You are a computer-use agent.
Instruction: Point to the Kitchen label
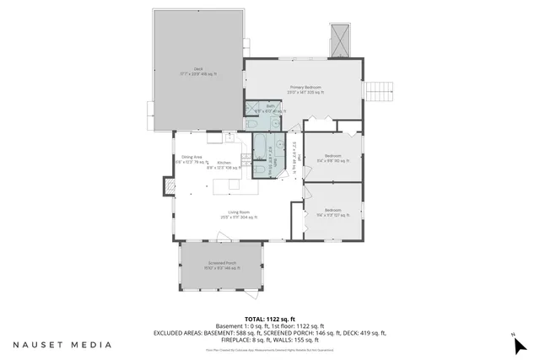pos(224,164)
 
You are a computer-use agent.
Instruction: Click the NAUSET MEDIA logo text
pos(62,345)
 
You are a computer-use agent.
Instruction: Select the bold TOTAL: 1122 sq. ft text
pos(269,319)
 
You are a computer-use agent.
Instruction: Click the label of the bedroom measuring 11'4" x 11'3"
pos(332,212)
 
